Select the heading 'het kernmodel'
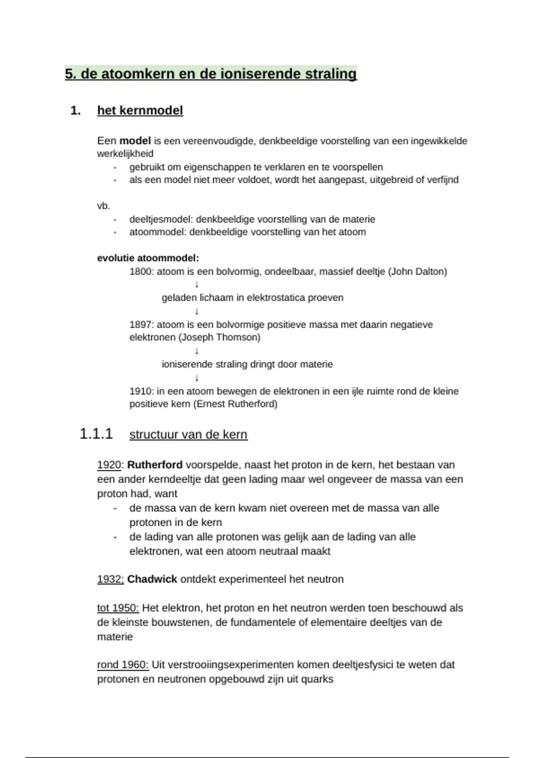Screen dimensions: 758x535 tap(140, 111)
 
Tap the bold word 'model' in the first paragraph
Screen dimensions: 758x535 tap(135, 141)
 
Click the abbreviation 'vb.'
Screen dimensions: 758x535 tap(103, 206)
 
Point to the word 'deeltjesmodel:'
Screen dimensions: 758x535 tap(161, 219)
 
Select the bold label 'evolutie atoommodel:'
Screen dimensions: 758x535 tap(148, 258)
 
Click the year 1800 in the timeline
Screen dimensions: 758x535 tap(141, 272)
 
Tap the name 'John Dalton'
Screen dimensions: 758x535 tap(418, 272)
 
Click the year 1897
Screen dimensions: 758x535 tap(141, 325)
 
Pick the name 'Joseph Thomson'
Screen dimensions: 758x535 tap(219, 338)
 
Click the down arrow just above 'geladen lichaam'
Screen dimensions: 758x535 tap(197, 284)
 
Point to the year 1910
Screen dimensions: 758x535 tap(141, 391)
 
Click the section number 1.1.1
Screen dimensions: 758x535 tap(96, 434)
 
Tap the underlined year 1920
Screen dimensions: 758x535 tap(109, 465)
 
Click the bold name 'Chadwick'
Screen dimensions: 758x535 tap(152, 579)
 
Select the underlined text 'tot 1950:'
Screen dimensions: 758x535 tap(118, 608)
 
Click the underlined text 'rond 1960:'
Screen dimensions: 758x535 tap(123, 665)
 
